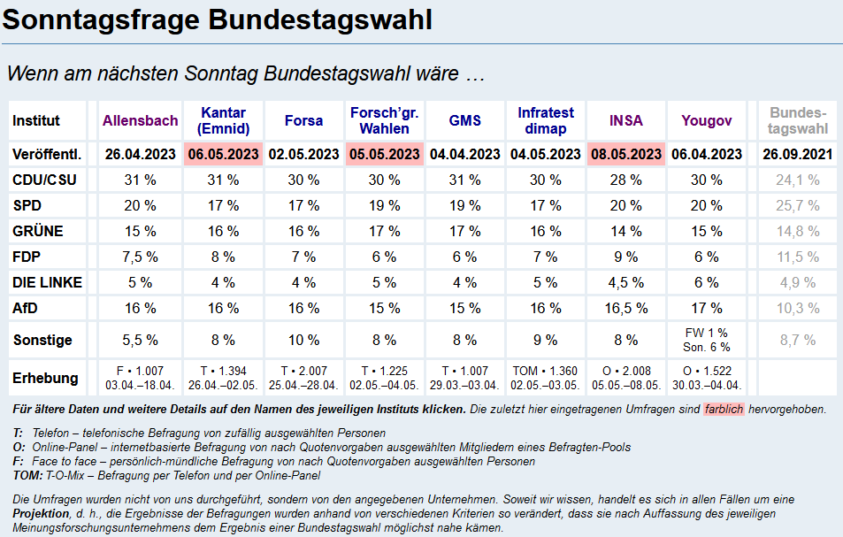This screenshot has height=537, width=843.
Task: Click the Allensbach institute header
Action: (x=140, y=120)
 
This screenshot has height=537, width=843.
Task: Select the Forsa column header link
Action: (x=303, y=120)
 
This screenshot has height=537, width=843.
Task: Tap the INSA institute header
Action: (x=625, y=120)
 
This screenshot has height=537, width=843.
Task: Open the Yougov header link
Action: (x=706, y=120)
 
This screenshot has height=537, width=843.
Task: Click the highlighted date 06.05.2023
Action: (x=223, y=154)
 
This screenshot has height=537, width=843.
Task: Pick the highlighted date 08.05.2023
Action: (x=625, y=154)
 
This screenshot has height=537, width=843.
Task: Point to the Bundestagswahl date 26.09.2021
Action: (x=797, y=154)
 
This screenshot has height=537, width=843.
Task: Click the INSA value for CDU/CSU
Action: (x=625, y=180)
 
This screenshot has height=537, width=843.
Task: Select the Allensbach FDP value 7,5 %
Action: (x=140, y=257)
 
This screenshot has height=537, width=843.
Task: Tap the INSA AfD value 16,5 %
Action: (x=625, y=308)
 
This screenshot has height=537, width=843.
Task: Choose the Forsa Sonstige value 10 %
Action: (x=303, y=340)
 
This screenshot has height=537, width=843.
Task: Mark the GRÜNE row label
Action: (x=37, y=231)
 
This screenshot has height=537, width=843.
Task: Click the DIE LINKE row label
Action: (x=47, y=282)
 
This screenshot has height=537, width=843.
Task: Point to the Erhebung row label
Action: (x=45, y=378)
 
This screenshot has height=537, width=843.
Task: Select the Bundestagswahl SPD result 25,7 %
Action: (x=797, y=205)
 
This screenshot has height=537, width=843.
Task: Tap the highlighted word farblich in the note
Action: (x=724, y=410)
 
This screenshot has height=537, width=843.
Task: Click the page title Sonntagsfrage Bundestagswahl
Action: (x=218, y=19)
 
